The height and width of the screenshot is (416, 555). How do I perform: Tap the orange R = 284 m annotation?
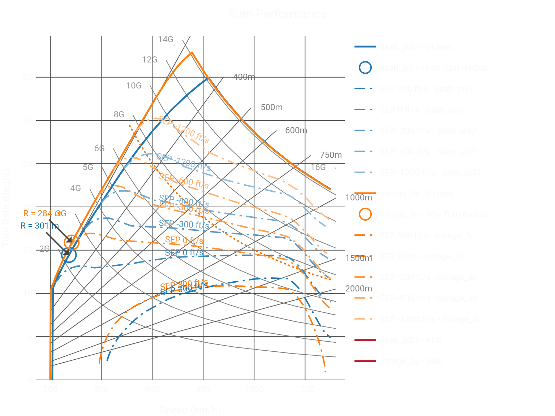point(42,213)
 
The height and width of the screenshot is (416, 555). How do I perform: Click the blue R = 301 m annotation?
point(39,226)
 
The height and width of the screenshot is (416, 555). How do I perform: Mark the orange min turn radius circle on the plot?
point(72,242)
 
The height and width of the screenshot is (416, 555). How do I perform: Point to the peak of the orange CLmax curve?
point(192,52)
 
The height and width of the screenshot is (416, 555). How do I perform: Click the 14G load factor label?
point(165,39)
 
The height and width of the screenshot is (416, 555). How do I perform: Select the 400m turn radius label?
point(244,77)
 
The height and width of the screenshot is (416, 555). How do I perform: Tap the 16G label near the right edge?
point(318,167)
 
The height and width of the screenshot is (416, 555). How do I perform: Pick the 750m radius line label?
point(331,155)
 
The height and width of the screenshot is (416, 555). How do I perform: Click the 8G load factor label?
point(119,114)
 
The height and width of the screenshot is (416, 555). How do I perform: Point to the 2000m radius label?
point(358,289)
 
